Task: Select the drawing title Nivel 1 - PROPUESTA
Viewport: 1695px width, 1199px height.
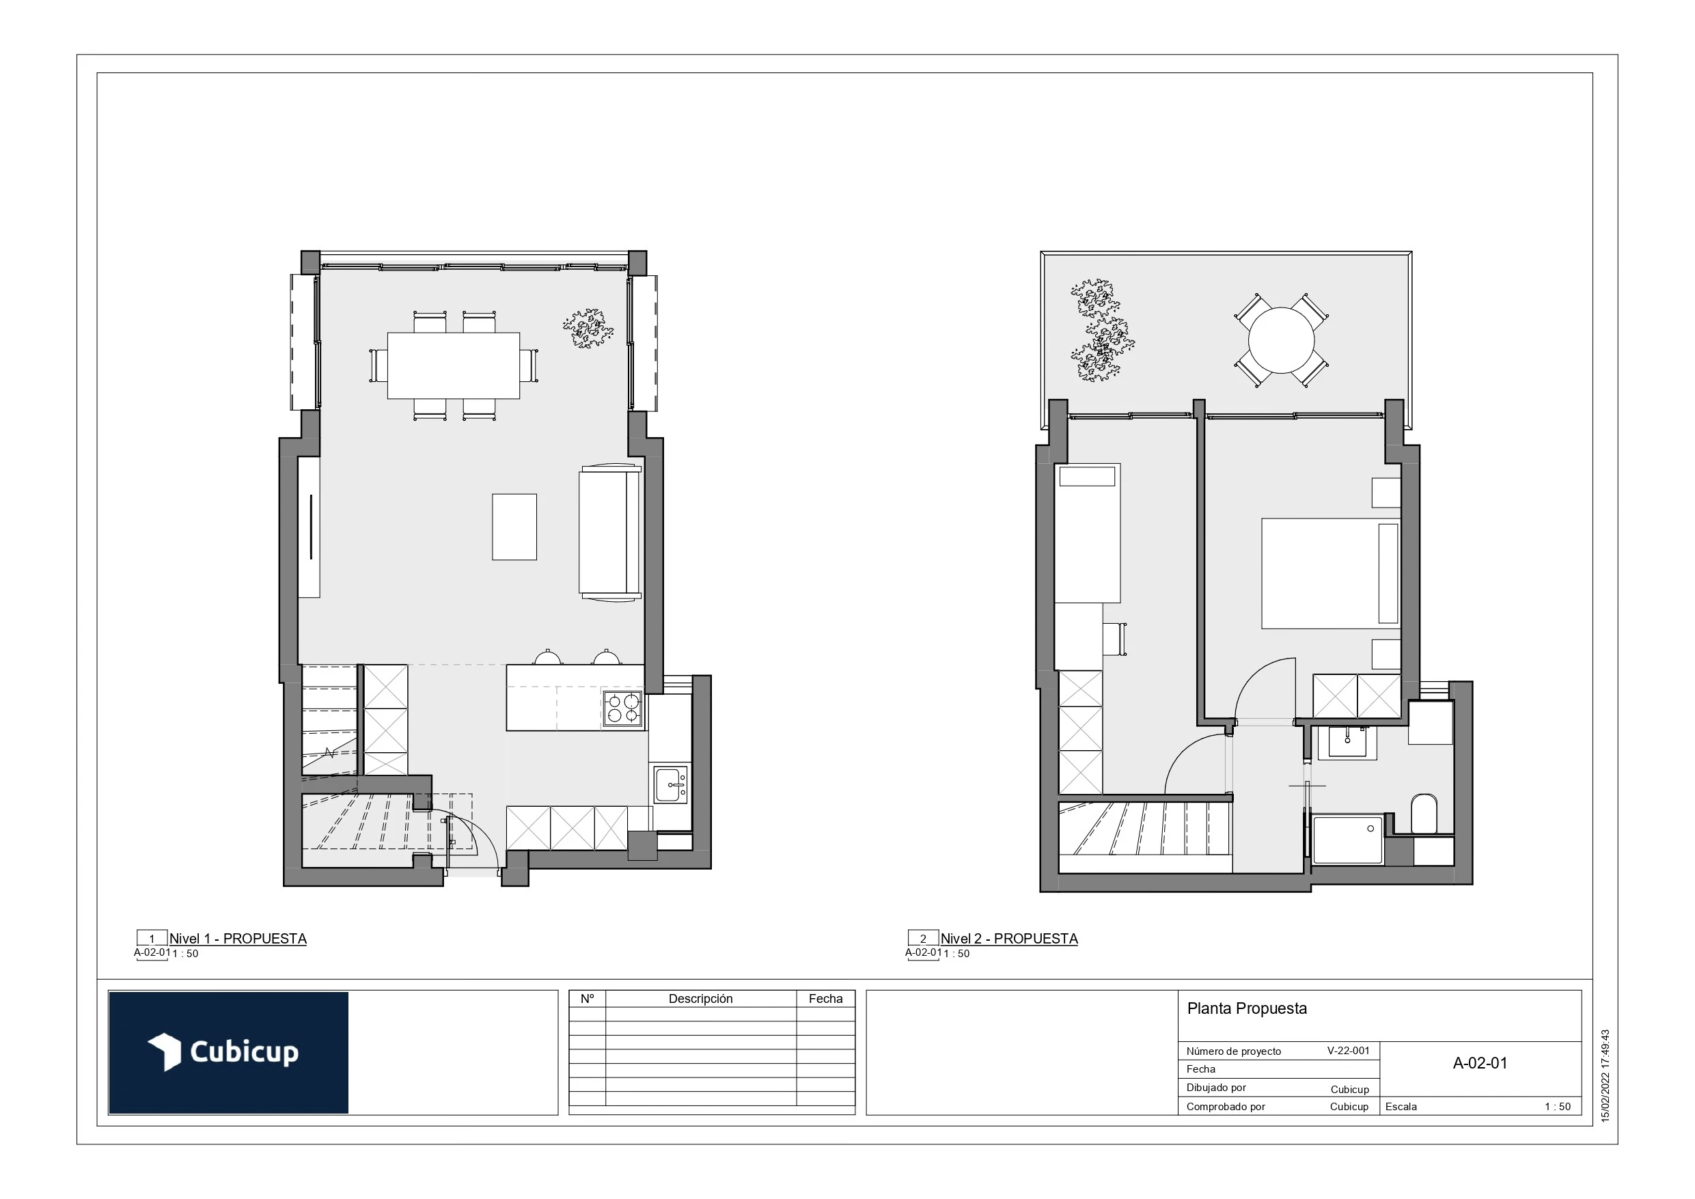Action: point(238,939)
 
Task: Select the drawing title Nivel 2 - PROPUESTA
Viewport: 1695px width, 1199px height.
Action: point(1008,939)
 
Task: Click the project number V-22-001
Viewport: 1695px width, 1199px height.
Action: point(1348,1051)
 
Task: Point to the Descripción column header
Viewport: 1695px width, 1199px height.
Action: point(700,999)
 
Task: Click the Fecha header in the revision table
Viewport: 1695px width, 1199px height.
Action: point(825,999)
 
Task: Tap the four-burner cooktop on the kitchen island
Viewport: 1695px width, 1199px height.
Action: point(622,708)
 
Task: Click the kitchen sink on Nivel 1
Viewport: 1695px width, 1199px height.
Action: point(670,785)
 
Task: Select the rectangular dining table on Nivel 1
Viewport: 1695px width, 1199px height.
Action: point(453,366)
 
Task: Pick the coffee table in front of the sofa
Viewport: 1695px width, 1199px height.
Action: point(514,527)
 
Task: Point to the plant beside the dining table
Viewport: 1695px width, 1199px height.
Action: point(588,329)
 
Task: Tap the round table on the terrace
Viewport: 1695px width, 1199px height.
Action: point(1281,340)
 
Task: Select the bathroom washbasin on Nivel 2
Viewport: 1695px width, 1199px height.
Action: point(1347,742)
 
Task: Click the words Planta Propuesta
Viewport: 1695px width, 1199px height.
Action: point(1246,1008)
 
